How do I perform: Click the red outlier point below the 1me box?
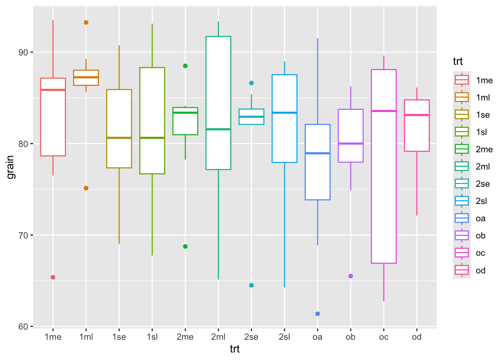(53, 277)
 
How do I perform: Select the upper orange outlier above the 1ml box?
(86, 22)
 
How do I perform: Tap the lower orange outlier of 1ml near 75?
(86, 188)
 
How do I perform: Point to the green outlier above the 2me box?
(185, 66)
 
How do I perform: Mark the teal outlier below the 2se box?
(251, 285)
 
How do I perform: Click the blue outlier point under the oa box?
(318, 314)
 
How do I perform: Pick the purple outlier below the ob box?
(351, 276)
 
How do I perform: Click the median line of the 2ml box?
(218, 129)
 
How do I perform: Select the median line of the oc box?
(384, 111)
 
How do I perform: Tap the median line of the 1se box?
(119, 138)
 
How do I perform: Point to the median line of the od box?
(417, 115)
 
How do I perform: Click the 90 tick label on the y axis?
(23, 52)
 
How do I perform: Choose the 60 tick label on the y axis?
(23, 327)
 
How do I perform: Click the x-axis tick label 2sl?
(284, 337)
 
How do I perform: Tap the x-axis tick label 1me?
(53, 337)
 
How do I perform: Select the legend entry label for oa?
(480, 219)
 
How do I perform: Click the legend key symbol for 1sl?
(462, 132)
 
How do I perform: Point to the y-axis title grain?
(10, 167)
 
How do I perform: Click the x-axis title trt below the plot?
(235, 349)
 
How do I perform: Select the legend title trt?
(458, 61)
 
